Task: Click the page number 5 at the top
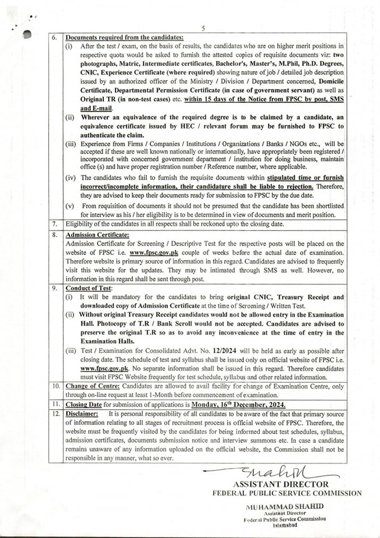[203, 28]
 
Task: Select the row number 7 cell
[55, 224]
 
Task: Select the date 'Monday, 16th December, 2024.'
[238, 405]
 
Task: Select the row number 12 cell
[55, 414]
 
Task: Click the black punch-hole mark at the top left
[26, 34]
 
